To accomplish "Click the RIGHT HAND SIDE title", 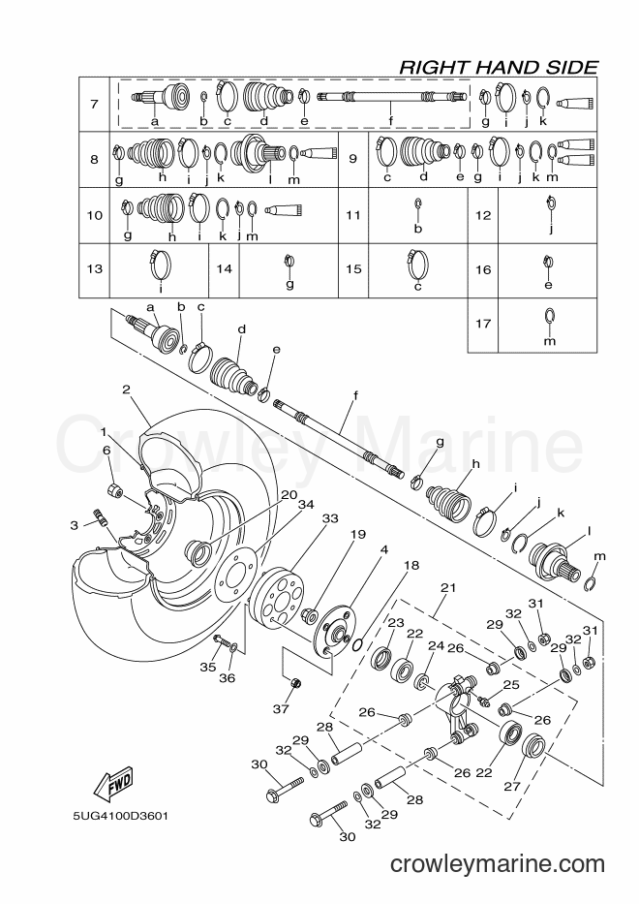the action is [499, 67].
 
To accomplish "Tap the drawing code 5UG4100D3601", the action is [120, 817].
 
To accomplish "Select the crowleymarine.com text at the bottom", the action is [498, 864].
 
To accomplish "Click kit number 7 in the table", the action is [94, 105].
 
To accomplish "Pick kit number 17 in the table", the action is [483, 324].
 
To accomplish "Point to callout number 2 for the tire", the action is [126, 390].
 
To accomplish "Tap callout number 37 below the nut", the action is [281, 708].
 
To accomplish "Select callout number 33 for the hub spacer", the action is [330, 518].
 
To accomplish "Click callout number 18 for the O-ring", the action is [411, 565].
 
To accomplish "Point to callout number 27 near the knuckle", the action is [512, 786].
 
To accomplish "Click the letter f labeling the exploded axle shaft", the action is [355, 395].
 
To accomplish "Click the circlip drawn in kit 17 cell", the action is [549, 316].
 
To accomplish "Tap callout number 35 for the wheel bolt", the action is [207, 667].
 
